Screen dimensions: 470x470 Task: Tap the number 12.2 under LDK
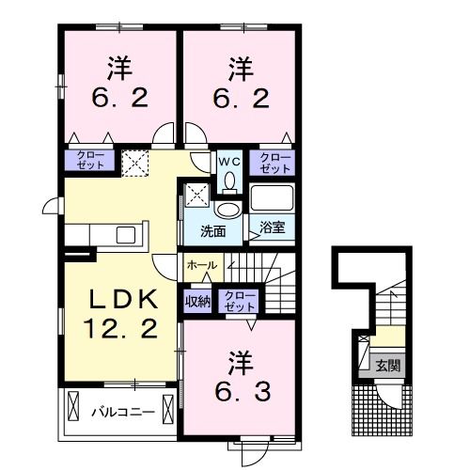119,329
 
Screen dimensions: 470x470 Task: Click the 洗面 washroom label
211,232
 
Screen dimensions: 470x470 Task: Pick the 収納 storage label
196,302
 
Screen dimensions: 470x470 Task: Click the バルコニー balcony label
117,411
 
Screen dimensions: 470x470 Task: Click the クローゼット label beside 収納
240,301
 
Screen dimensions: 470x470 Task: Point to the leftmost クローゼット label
85,163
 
